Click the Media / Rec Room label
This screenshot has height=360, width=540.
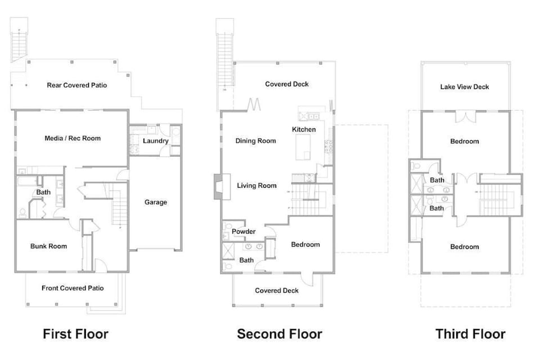73,138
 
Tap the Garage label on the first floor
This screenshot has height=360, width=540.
156,202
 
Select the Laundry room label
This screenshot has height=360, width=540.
156,141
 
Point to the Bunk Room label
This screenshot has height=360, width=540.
48,246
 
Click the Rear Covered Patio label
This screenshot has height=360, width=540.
76,85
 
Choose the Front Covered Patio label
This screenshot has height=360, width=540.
73,288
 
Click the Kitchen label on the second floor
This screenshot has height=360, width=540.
304,129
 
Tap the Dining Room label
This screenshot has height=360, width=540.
256,141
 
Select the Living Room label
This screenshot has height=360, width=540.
256,186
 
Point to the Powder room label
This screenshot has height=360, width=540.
244,231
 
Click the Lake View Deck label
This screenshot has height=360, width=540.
465,87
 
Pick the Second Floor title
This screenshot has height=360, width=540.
280,334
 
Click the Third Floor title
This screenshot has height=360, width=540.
470,334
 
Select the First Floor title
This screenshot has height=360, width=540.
75,334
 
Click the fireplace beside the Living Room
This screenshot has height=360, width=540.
218,186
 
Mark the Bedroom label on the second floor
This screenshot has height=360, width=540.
305,244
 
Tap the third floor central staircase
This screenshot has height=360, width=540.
495,200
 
